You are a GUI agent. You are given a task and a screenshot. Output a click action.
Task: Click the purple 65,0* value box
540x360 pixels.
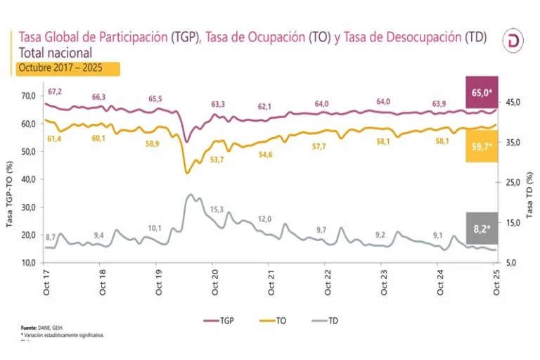coord(482,92)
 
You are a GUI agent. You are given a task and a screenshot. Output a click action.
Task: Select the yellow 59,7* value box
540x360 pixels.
coord(482,146)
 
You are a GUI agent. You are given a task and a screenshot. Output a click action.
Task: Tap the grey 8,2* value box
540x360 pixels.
coord(482,227)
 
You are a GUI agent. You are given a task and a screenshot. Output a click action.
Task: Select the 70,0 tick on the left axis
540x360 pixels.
coord(30,96)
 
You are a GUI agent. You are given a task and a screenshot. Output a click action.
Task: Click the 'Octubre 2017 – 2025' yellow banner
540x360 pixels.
coord(67,68)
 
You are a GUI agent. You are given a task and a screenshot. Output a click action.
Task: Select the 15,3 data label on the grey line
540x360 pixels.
coord(217,210)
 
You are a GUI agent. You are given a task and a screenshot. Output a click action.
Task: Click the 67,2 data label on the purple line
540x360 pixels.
coord(54,92)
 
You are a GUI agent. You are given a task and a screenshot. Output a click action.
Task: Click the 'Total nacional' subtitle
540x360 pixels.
coord(56,53)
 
